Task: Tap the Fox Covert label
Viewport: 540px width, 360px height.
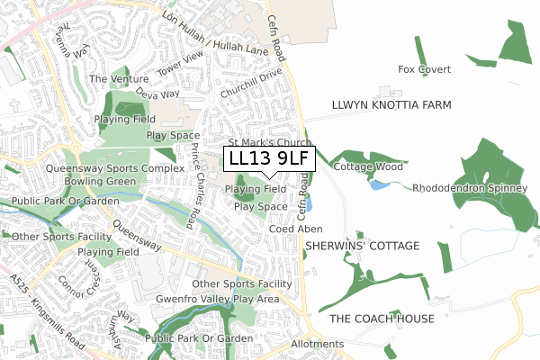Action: (424, 69)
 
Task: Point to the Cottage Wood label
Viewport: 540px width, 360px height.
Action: (368, 167)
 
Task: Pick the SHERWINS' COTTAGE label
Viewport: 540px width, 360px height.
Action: (362, 246)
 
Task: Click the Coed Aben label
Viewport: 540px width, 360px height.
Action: (296, 229)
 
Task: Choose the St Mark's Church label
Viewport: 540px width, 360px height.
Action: (269, 142)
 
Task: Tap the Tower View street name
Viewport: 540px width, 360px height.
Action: (181, 61)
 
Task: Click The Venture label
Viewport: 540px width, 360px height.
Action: (119, 79)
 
